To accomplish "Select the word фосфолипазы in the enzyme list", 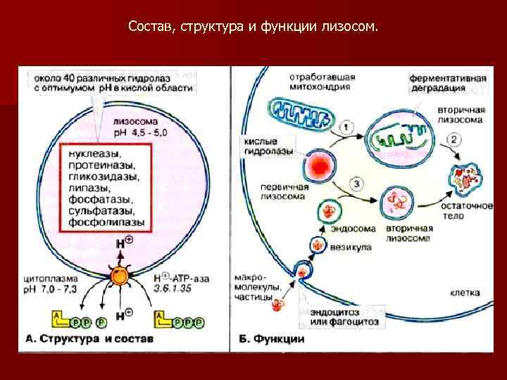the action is tap(107, 222).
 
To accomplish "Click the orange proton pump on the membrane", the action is tap(120, 277).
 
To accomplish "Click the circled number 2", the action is tap(456, 139).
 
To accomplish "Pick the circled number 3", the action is tap(357, 185).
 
